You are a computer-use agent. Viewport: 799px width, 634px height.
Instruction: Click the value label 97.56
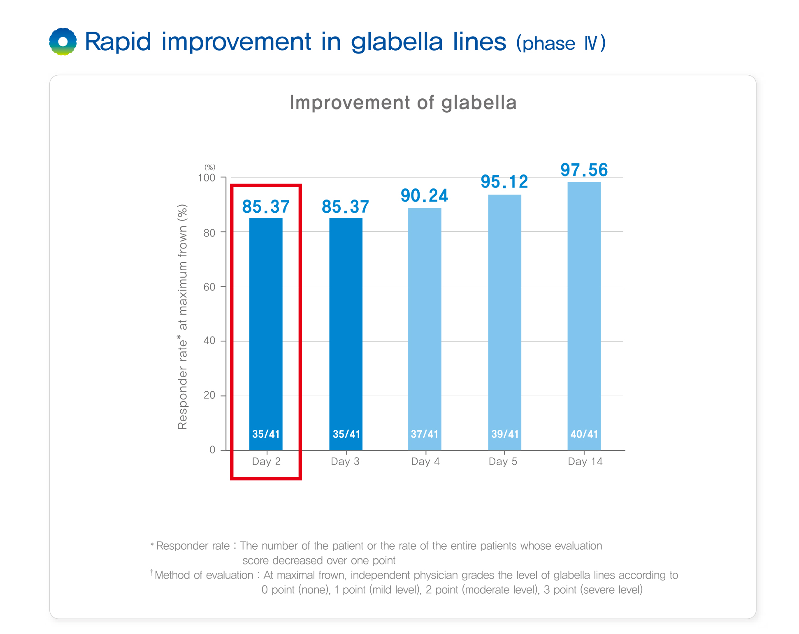click(584, 170)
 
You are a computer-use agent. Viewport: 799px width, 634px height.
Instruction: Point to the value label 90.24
click(424, 196)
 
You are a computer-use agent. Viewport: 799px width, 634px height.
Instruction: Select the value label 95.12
click(504, 182)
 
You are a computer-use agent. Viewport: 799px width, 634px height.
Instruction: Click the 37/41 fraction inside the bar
click(425, 434)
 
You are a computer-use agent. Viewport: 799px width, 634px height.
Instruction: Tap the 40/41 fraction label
click(584, 434)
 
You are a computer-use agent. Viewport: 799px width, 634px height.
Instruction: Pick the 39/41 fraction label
click(505, 434)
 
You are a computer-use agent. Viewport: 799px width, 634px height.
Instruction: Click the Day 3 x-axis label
click(345, 462)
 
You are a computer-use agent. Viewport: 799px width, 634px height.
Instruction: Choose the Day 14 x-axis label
click(585, 462)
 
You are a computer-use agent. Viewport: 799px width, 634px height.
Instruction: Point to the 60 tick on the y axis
click(209, 287)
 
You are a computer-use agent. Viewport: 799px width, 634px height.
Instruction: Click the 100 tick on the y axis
click(207, 178)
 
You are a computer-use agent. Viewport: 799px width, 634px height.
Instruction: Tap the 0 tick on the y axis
click(212, 450)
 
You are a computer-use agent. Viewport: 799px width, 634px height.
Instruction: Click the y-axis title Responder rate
click(182, 317)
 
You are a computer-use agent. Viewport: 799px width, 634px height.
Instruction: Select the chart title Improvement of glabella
click(403, 102)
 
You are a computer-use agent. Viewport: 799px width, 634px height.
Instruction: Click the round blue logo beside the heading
click(63, 42)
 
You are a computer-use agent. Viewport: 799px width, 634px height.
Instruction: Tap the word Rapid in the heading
click(118, 42)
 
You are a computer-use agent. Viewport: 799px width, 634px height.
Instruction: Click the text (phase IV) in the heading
click(561, 43)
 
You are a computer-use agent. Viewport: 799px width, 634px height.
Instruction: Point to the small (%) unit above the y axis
click(210, 167)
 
